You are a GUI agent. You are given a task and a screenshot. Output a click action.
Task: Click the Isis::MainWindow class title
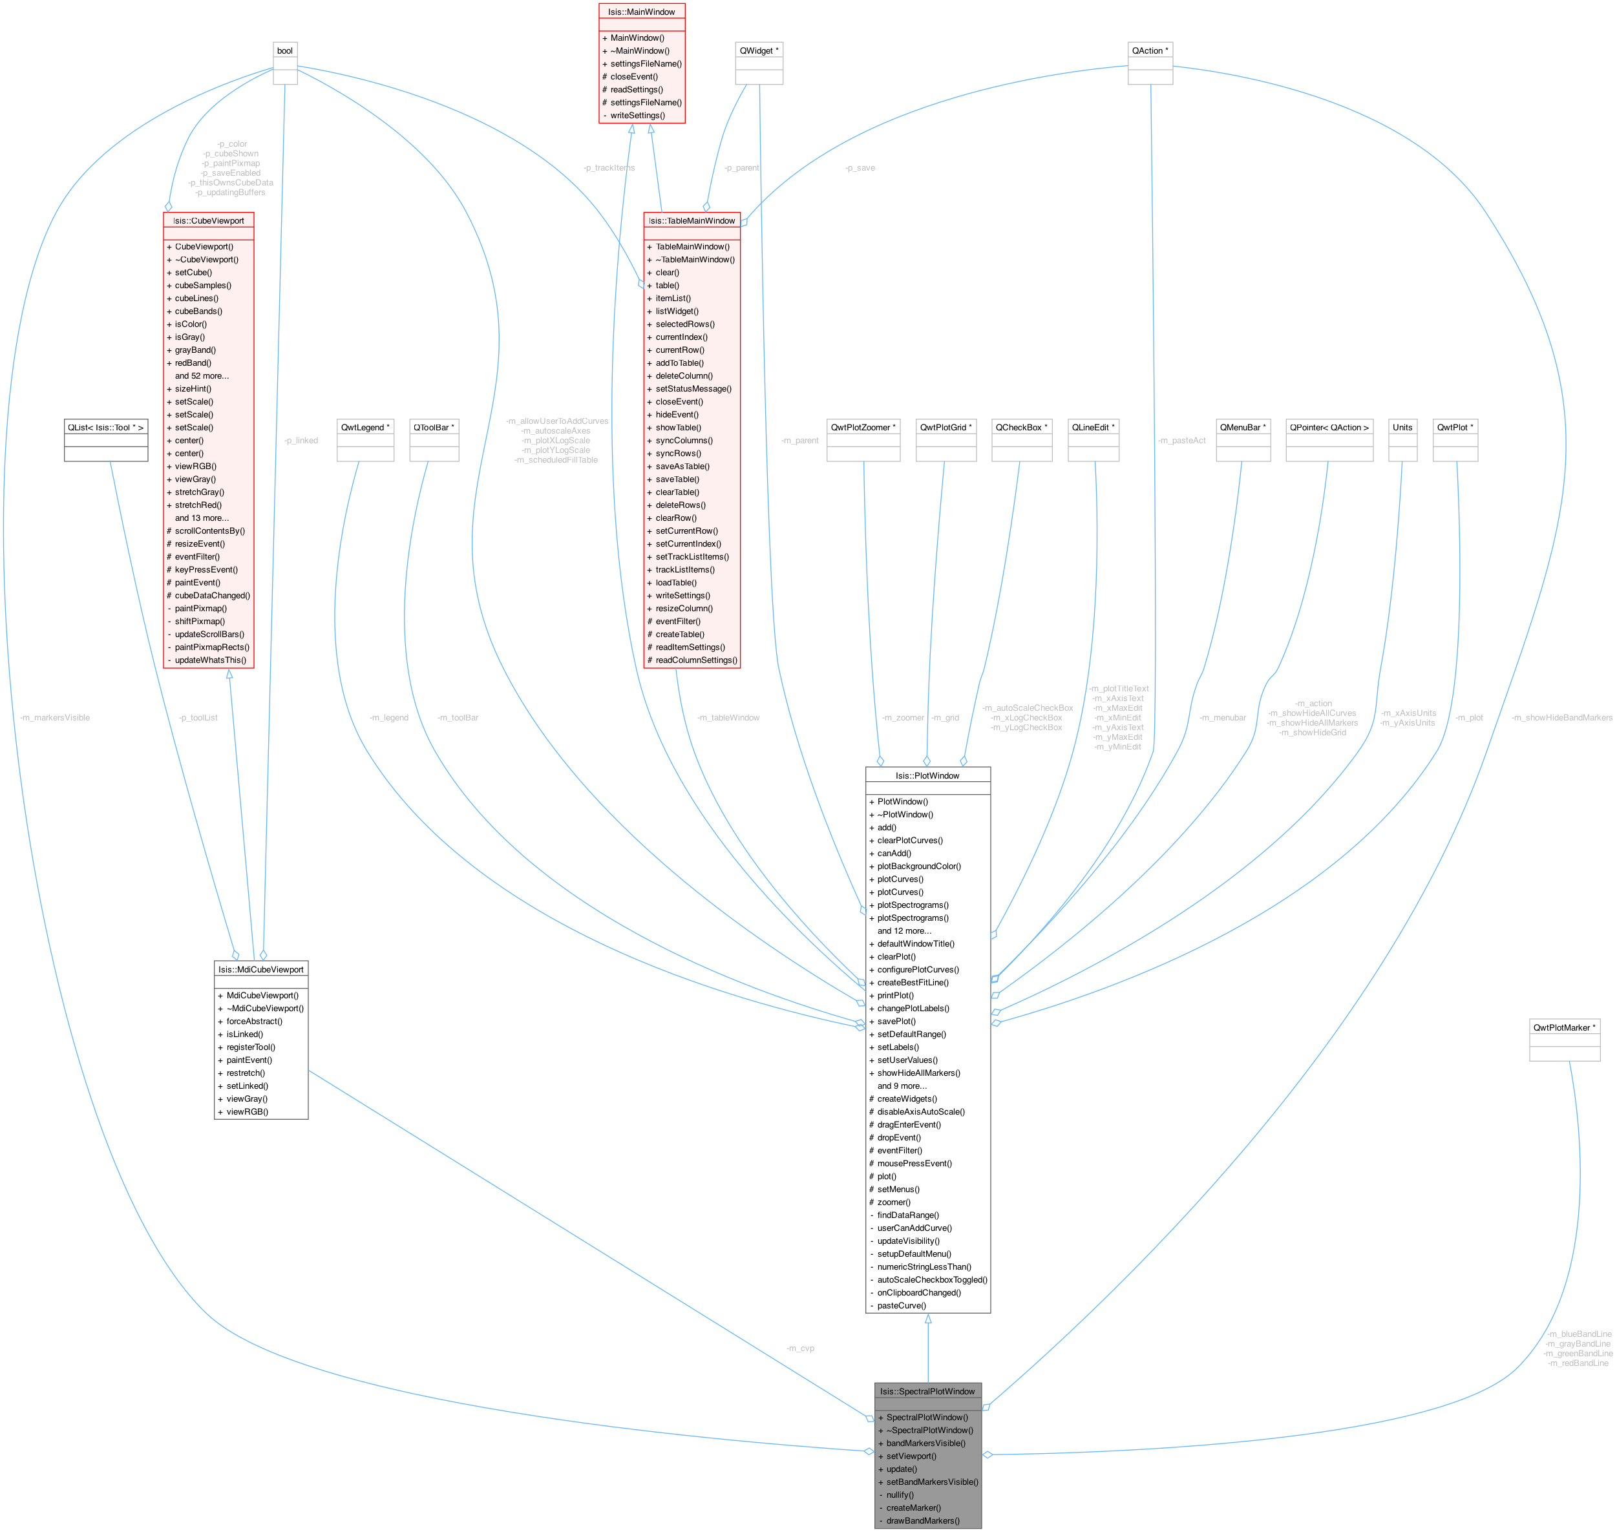641,12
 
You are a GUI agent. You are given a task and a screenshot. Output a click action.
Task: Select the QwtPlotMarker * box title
1564,1027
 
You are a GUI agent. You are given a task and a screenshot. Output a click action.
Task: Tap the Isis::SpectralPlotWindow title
927,1390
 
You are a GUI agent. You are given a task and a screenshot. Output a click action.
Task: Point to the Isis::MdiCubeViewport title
260,969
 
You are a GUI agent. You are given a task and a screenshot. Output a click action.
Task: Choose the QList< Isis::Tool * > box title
105,427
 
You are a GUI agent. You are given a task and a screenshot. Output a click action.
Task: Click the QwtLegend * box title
365,427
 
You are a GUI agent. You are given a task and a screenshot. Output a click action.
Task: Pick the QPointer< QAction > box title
1329,427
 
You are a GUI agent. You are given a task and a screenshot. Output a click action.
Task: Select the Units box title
1402,427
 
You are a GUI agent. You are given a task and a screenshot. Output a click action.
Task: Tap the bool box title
285,50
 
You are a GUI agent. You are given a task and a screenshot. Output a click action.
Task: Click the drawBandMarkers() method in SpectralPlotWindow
923,1520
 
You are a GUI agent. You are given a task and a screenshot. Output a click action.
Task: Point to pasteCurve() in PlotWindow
902,1305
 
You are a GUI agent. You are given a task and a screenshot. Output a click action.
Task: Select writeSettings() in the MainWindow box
637,115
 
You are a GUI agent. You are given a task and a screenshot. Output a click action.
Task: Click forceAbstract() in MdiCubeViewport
254,1021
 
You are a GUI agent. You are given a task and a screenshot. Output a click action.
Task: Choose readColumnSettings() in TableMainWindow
696,660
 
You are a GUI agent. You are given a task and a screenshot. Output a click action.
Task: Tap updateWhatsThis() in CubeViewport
210,660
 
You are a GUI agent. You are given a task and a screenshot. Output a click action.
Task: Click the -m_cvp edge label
799,1348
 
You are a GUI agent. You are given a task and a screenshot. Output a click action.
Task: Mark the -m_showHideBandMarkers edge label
1561,718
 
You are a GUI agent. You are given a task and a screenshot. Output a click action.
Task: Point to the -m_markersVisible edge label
55,718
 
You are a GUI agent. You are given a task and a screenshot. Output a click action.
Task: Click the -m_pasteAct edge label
1181,440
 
